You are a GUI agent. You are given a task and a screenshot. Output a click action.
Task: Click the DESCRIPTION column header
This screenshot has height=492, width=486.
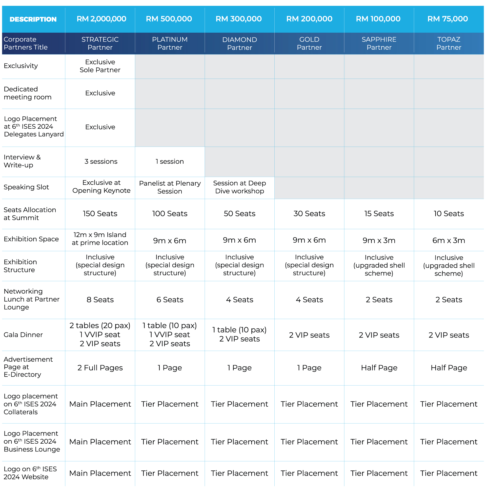[x=33, y=19]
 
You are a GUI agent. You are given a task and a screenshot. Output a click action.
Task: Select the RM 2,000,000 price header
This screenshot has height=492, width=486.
[x=101, y=19]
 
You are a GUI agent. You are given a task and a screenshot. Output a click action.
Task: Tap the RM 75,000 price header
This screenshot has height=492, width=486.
[x=447, y=19]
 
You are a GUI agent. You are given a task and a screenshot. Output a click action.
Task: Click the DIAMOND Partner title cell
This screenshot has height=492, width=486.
[x=239, y=44]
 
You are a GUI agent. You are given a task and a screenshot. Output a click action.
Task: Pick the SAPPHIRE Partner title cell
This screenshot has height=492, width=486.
[x=379, y=43]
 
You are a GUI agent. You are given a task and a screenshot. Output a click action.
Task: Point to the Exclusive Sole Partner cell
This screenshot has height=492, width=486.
[x=100, y=66]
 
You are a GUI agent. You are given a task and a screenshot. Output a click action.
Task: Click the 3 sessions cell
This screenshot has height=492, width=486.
[x=101, y=162]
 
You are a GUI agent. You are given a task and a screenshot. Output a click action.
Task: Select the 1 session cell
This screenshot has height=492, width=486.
[x=170, y=162]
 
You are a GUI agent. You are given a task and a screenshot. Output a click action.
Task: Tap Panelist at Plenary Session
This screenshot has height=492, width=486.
[x=170, y=187]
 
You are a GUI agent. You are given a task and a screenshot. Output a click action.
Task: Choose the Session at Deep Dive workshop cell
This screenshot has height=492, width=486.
[x=239, y=187]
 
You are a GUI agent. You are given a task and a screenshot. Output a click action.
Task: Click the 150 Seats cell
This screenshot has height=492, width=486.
[x=100, y=213]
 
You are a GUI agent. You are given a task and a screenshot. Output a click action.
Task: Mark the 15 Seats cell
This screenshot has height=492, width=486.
[x=379, y=213]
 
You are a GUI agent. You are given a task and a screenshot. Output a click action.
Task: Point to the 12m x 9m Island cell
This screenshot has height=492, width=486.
[x=100, y=239]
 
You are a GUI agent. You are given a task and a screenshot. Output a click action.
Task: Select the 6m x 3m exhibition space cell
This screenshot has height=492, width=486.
[x=449, y=240]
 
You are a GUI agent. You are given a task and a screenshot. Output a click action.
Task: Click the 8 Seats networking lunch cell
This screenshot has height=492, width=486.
[x=100, y=300]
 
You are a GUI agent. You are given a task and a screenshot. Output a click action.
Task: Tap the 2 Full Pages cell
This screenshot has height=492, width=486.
[x=100, y=368]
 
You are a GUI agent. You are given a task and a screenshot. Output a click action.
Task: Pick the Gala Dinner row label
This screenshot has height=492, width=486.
[x=23, y=334]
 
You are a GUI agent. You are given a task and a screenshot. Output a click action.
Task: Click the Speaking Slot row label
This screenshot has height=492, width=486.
[x=26, y=187]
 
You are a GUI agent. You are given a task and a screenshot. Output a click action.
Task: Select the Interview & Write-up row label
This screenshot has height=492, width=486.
[x=22, y=161]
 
